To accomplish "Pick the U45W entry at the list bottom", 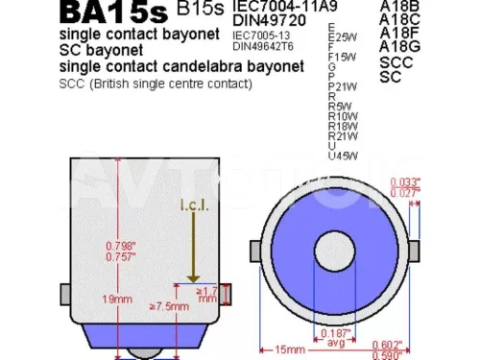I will click(343, 156).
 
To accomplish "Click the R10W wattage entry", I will click(343, 115).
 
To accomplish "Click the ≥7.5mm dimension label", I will click(168, 306).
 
